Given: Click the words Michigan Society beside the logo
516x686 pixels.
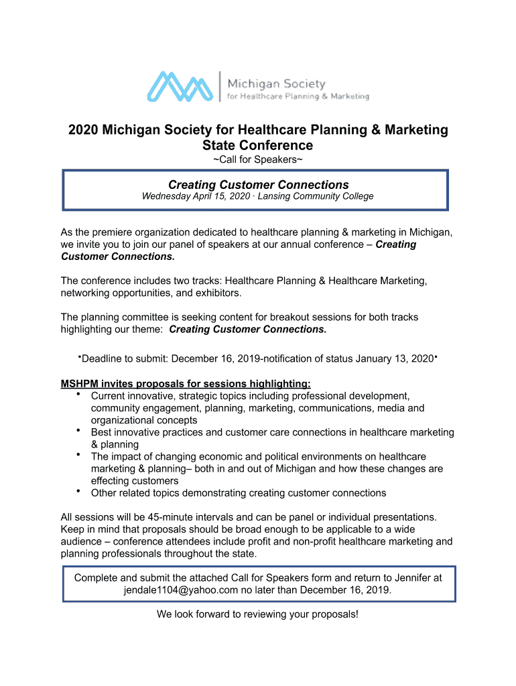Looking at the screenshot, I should pyautogui.click(x=276, y=84).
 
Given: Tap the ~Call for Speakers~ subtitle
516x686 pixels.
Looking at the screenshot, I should pyautogui.click(x=258, y=159).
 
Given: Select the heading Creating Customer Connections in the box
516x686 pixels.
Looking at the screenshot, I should pyautogui.click(x=258, y=184).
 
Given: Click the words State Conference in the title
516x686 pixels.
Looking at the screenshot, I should pyautogui.click(x=258, y=145).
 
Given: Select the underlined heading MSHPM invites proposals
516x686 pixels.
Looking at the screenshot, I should pyautogui.click(x=186, y=384).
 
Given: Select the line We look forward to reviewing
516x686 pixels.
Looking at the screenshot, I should pyautogui.click(x=258, y=614).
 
